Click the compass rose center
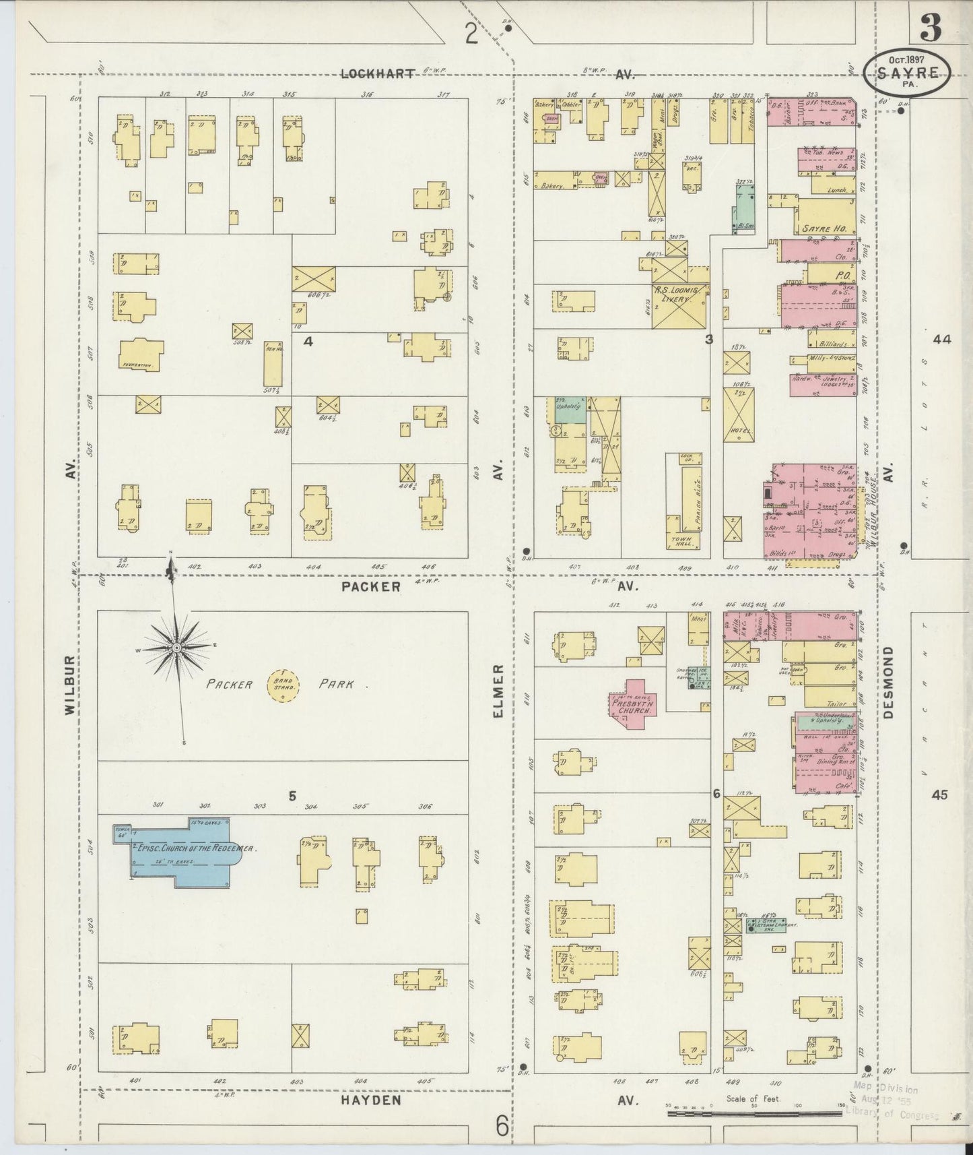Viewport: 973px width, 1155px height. pos(176,648)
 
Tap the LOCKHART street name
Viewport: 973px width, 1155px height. pos(377,74)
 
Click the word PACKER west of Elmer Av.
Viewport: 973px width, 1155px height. pos(371,586)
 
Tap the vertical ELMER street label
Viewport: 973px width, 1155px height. pos(499,690)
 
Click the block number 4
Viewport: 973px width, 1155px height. pos(308,342)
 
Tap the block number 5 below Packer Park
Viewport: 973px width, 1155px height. pos(292,796)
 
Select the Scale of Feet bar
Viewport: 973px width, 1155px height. pos(754,1113)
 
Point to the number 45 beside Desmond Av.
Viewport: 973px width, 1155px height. pos(940,795)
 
